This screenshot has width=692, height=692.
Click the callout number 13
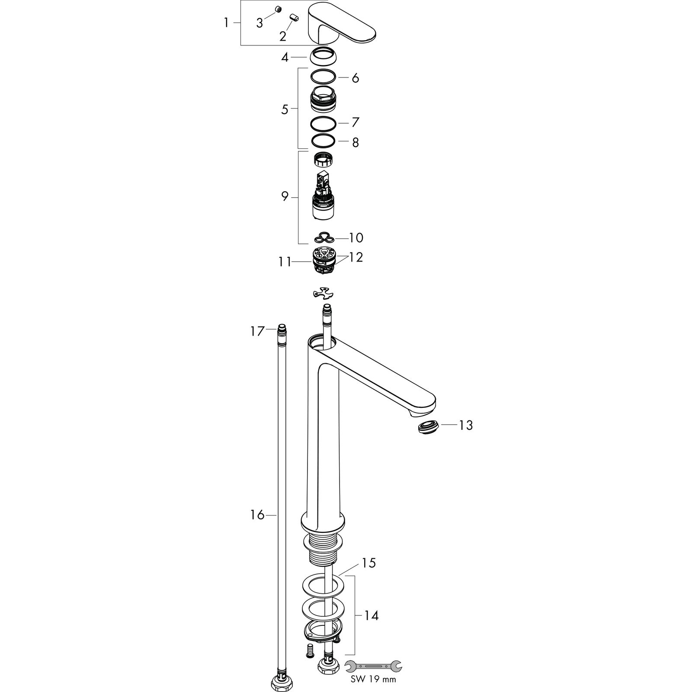point(466,426)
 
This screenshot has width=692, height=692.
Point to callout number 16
point(257,515)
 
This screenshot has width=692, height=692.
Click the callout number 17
point(257,332)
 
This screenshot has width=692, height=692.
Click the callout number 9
point(285,197)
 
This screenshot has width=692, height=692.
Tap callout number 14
point(371,615)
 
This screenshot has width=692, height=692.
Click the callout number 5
point(285,109)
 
